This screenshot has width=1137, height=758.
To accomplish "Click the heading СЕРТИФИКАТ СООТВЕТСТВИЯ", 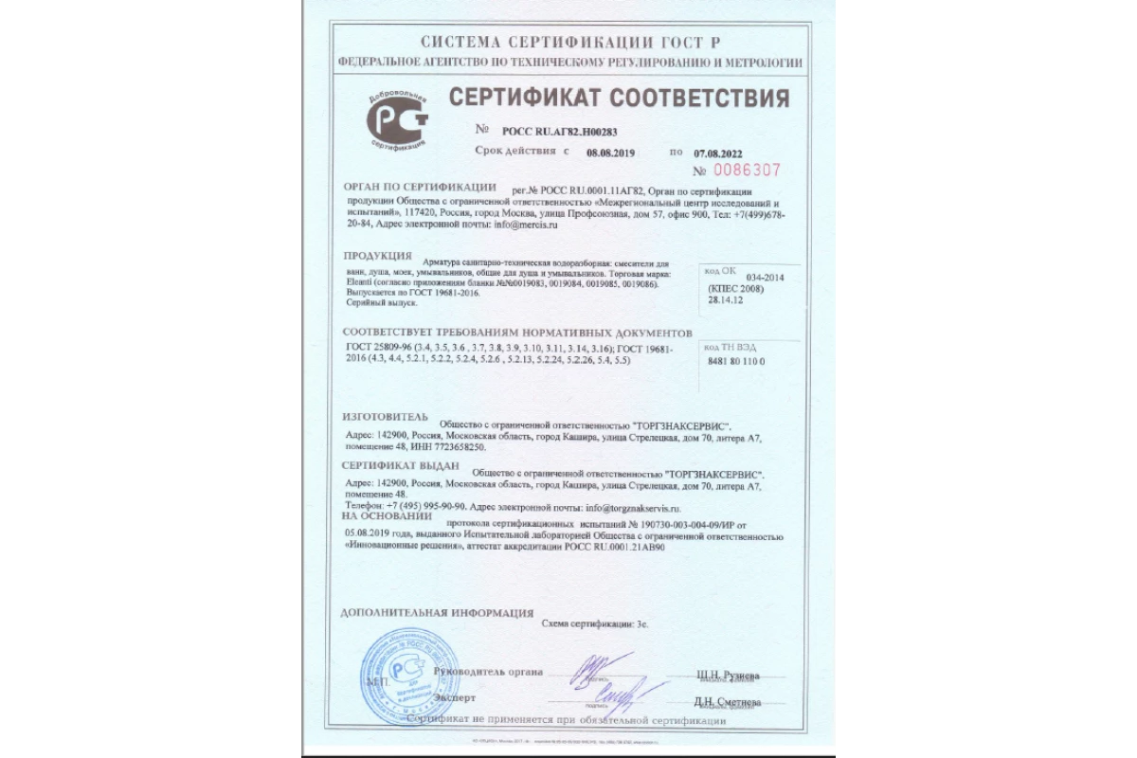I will [x=619, y=99].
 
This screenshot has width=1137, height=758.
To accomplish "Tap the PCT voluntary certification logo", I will [x=397, y=120].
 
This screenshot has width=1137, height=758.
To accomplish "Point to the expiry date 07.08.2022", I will [x=718, y=152].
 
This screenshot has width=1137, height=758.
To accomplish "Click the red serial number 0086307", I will [x=749, y=171].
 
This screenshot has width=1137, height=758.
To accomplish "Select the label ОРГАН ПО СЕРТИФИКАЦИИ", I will [x=419, y=188].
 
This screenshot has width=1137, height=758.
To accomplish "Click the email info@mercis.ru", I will [x=521, y=226].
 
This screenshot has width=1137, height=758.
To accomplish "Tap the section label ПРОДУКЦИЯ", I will [x=376, y=257].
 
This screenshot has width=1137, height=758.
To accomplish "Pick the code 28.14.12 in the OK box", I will [x=725, y=299].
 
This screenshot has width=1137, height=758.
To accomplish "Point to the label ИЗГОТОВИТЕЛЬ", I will [x=385, y=417].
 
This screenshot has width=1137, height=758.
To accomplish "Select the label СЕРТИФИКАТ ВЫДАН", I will [x=400, y=466].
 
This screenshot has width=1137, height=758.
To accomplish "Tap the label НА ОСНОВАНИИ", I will [x=381, y=517].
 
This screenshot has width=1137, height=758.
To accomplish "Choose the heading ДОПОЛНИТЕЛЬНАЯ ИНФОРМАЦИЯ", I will [x=436, y=613].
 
